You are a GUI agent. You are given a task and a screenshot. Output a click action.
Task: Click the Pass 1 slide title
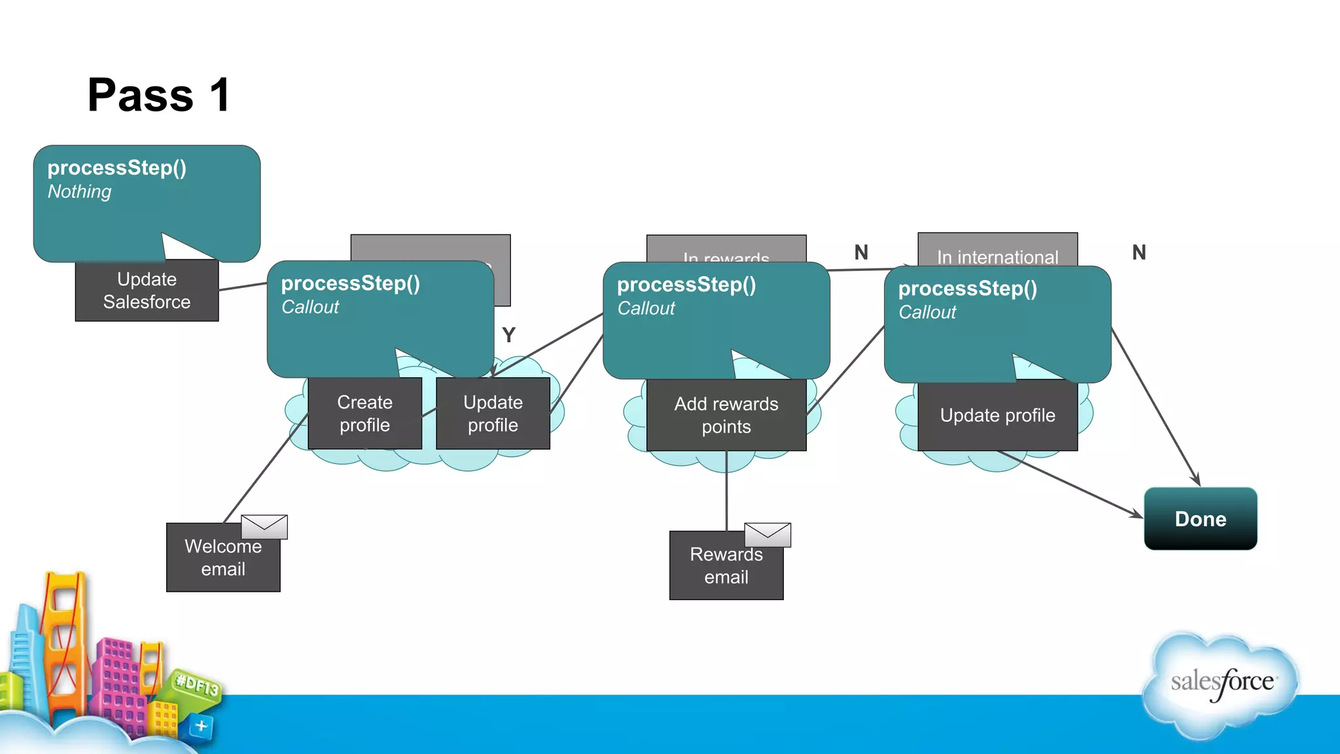coord(159,96)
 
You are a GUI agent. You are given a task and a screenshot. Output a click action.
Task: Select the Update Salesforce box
coord(147,291)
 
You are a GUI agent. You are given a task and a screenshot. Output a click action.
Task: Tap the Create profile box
coord(364,414)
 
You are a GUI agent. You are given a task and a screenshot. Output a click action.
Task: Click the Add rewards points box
coord(726,416)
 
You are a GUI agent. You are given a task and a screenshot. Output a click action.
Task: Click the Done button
coord(1200,519)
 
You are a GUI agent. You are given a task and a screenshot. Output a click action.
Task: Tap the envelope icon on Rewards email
coord(767,535)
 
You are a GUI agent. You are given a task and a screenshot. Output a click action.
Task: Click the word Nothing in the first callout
coord(79,192)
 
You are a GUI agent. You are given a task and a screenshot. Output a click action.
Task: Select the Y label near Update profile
coord(509,335)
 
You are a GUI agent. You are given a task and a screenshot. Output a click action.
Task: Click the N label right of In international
coord(1139,253)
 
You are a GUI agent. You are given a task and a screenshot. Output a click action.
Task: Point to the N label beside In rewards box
coord(861,253)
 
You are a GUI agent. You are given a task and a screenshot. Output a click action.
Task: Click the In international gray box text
coord(997,257)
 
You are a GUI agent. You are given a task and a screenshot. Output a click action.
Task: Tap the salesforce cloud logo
coord(1221,683)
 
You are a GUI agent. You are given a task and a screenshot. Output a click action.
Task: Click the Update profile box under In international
coord(997,416)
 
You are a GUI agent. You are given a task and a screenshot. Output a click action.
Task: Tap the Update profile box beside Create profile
coord(493,414)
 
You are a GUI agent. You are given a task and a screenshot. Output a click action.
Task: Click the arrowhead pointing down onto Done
coord(1196,480)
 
